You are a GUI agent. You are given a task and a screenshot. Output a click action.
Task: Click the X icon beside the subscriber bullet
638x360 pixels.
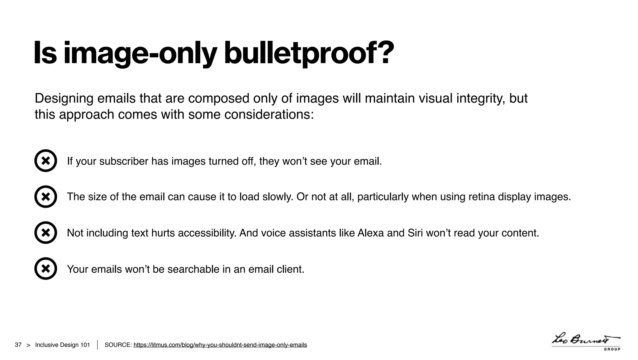click(46, 161)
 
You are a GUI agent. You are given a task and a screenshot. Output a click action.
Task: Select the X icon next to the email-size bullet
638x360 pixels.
click(46, 197)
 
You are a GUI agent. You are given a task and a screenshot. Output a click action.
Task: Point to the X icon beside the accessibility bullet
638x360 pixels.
click(46, 233)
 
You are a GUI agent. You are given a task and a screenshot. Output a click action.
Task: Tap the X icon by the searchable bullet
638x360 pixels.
click(46, 268)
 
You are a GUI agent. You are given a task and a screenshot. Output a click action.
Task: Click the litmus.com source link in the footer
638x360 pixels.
click(220, 345)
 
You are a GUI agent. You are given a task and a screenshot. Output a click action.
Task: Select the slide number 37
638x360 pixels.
click(18, 345)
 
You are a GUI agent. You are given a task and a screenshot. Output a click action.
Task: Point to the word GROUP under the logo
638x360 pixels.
click(612, 349)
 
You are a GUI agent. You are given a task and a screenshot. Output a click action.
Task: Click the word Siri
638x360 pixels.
click(415, 233)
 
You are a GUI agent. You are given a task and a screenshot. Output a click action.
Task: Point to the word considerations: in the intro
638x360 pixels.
click(269, 114)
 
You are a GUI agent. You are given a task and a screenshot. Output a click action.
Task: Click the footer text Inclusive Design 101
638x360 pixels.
click(62, 345)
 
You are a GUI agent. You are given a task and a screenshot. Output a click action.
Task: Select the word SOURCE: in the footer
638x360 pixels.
click(118, 345)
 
